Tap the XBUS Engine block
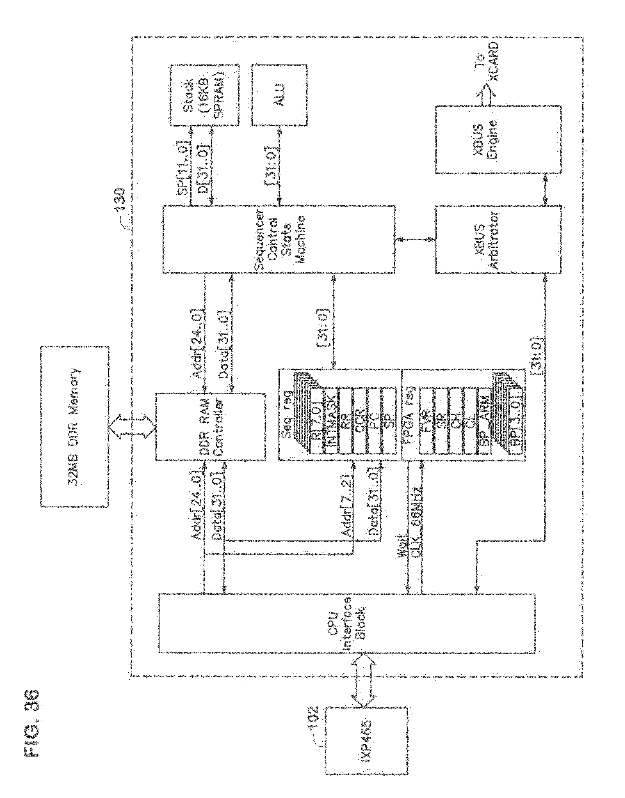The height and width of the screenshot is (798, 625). coord(498,139)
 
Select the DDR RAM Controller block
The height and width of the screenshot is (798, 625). coord(211,427)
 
